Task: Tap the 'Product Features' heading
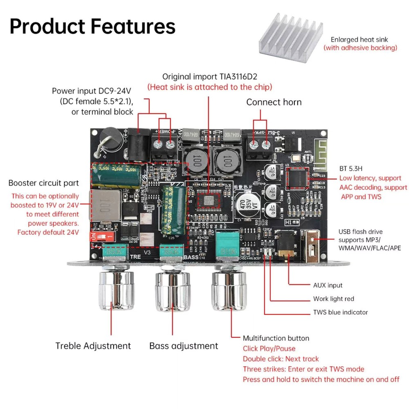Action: [92, 26]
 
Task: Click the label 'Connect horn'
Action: [274, 102]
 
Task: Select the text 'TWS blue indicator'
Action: [340, 312]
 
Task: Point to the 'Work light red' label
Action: [333, 299]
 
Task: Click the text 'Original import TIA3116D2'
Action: [210, 76]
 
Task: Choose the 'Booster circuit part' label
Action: [43, 183]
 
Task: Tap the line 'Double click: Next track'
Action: [281, 359]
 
